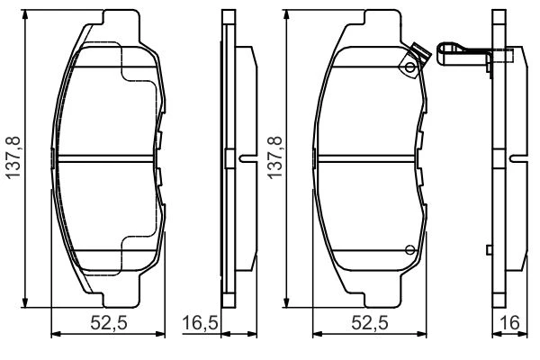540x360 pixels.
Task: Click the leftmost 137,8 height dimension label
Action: (13, 157)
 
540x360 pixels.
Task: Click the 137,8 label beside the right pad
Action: (275, 157)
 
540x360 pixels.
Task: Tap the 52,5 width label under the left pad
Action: (109, 323)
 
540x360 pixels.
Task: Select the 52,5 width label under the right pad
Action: (370, 323)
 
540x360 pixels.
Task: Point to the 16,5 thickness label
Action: (200, 323)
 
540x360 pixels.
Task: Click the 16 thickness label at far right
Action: (509, 323)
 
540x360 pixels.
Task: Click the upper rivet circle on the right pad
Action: (409, 67)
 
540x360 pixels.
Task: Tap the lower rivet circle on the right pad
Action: (409, 250)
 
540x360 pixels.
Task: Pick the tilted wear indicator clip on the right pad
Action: (416, 59)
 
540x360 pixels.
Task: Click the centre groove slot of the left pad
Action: (105, 158)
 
